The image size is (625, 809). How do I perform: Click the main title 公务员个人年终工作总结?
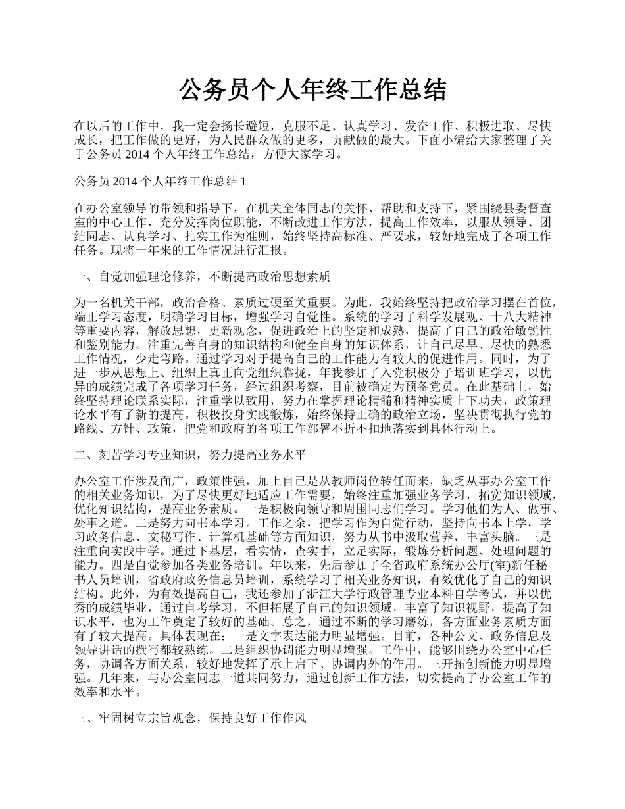click(312, 90)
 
